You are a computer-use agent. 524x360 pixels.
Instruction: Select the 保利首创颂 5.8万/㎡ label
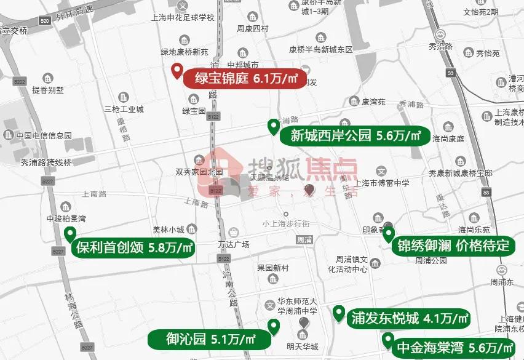[133, 248]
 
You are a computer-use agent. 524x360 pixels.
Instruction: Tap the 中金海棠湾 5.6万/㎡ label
[454, 348]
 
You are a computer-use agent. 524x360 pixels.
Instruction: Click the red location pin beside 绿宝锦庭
[177, 71]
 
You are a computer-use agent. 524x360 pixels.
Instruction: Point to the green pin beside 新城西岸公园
[273, 127]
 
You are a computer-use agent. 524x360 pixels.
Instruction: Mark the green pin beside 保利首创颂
[70, 234]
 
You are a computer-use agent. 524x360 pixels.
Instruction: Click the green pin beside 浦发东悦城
[338, 314]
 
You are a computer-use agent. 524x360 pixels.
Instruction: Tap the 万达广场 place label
[234, 244]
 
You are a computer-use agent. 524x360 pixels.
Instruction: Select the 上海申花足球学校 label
[183, 18]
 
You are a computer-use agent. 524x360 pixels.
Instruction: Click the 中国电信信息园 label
[44, 135]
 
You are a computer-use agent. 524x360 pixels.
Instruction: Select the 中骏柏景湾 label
[66, 218]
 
